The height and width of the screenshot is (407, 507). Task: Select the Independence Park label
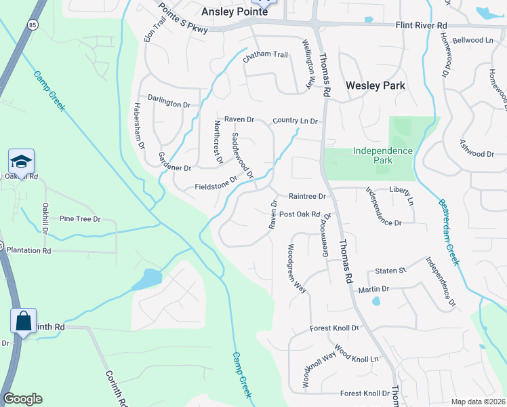382,155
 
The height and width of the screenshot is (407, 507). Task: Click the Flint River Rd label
422,26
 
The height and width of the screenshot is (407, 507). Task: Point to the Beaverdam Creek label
448,230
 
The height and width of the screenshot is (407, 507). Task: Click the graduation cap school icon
21,161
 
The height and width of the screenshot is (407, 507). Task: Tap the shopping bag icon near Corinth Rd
23,321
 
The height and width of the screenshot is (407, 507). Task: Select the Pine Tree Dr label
79,219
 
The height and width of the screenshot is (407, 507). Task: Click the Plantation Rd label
28,250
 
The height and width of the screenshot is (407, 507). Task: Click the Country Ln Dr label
295,121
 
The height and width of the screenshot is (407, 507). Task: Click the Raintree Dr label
307,196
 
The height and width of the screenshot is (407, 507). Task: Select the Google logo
22,399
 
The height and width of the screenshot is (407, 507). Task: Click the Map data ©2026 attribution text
477,401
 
